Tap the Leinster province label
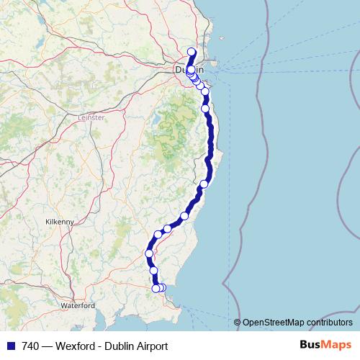click(x=91, y=117)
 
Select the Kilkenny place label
click(x=60, y=222)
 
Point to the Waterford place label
click(x=78, y=305)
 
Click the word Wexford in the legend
click(x=74, y=346)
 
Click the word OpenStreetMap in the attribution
click(x=274, y=323)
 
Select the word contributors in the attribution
click(x=330, y=323)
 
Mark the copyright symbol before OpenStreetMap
click(x=238, y=323)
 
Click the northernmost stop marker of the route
click(x=192, y=51)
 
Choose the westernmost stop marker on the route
click(x=150, y=253)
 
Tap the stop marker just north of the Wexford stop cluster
click(x=153, y=271)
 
